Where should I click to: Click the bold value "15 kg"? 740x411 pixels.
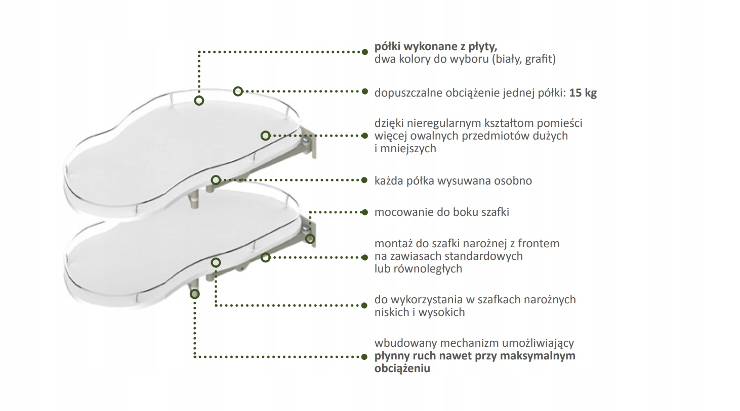(583, 93)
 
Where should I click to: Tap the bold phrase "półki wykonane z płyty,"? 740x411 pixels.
(435, 47)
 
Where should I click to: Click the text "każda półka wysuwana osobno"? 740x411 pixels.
(453, 180)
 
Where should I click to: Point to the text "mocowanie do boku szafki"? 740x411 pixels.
(441, 212)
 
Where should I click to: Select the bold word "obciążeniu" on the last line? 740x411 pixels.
(402, 368)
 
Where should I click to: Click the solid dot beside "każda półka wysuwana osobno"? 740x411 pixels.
(364, 180)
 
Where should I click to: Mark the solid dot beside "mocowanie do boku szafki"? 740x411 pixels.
(364, 212)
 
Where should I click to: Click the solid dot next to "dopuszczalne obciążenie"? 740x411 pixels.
(364, 92)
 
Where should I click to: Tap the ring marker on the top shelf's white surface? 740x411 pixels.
(199, 101)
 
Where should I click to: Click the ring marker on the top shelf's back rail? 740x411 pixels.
(238, 92)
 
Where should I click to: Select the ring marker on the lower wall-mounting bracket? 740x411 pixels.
(310, 239)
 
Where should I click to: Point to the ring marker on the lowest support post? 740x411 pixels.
(194, 294)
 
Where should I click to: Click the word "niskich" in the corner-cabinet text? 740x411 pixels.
(391, 312)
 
